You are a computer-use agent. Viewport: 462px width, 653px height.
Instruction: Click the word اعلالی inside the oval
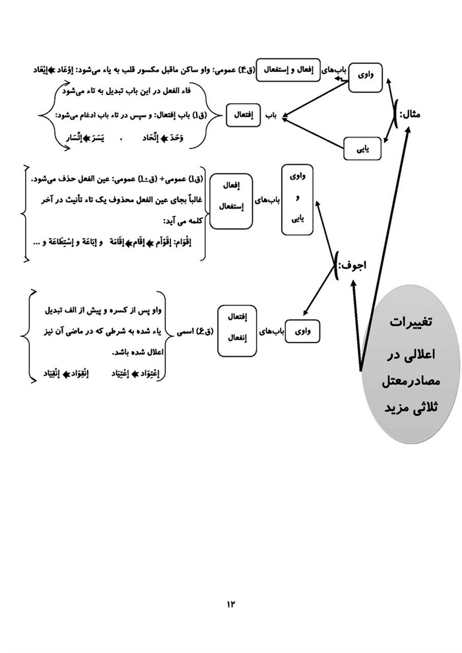click(x=414, y=353)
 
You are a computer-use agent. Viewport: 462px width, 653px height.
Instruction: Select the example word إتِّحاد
click(x=137, y=138)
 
